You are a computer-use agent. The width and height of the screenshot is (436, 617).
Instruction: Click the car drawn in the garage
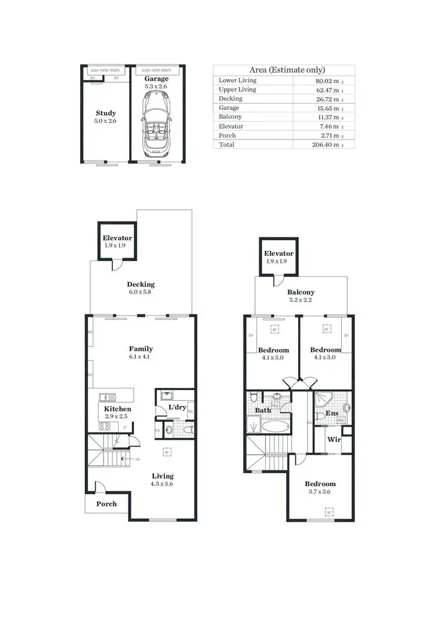(155, 123)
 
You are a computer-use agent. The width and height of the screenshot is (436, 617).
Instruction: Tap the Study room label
(106, 113)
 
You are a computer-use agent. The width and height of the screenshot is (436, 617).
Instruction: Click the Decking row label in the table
(230, 99)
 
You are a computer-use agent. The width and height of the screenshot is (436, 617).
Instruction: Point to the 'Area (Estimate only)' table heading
(284, 70)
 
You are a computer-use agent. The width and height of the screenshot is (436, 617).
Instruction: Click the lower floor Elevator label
(117, 238)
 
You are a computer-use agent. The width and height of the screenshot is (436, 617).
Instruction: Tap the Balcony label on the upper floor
(301, 293)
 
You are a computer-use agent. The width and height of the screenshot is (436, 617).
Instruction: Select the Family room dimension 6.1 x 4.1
(140, 357)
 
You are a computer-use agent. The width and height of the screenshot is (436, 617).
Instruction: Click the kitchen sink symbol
(108, 397)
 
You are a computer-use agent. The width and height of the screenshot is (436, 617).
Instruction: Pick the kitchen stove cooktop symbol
(105, 426)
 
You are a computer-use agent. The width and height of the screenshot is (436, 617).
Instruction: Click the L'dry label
(177, 408)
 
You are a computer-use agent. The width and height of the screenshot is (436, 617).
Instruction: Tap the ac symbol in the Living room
(167, 451)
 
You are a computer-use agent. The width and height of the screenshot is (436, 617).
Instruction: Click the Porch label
(106, 504)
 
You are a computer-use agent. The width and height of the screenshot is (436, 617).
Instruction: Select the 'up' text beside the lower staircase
(137, 459)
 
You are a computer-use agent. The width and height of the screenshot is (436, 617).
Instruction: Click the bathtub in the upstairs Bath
(275, 426)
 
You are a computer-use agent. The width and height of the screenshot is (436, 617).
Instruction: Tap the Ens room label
(331, 413)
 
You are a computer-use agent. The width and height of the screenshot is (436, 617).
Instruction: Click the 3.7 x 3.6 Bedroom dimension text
(320, 492)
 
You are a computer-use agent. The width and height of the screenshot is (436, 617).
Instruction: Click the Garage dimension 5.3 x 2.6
(156, 86)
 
